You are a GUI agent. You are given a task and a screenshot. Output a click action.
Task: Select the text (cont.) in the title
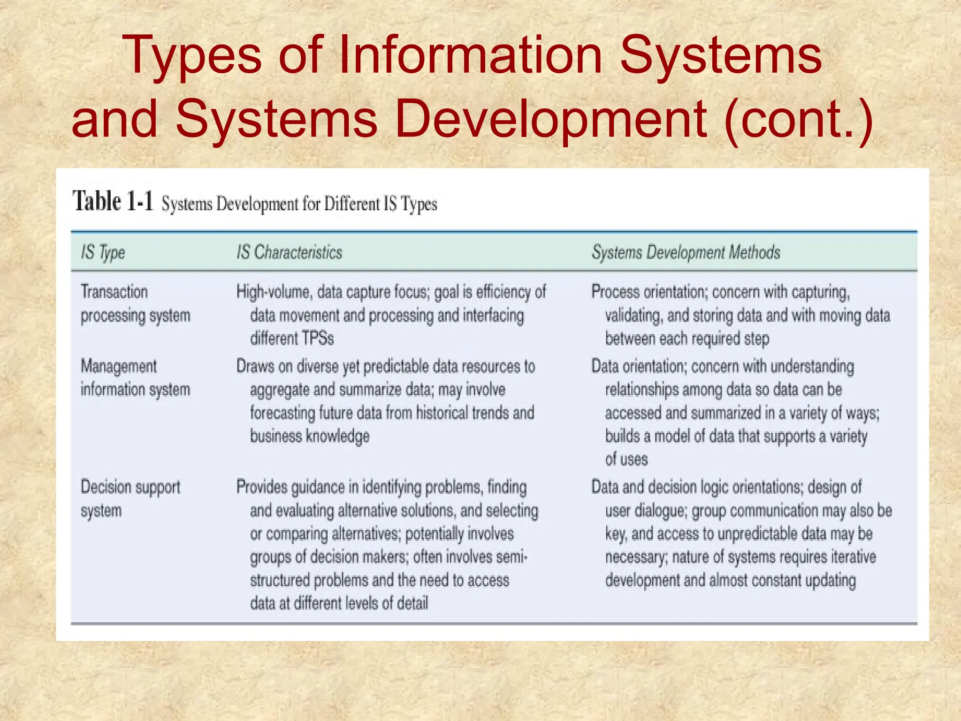click(798, 119)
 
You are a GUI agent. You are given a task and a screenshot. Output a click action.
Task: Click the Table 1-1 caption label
click(113, 202)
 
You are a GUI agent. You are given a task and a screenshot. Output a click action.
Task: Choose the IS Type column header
click(103, 253)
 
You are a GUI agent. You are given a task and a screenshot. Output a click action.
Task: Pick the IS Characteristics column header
click(289, 253)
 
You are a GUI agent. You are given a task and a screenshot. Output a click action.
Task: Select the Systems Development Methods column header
click(686, 253)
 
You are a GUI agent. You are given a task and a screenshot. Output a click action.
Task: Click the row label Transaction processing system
click(135, 304)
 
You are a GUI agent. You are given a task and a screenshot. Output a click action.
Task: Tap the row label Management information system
click(135, 378)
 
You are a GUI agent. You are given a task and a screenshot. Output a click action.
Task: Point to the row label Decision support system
click(130, 499)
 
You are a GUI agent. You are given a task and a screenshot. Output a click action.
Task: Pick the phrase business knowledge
click(310, 437)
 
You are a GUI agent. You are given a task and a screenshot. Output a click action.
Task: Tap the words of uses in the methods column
click(626, 459)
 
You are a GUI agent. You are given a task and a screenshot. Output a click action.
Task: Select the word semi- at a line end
click(511, 557)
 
